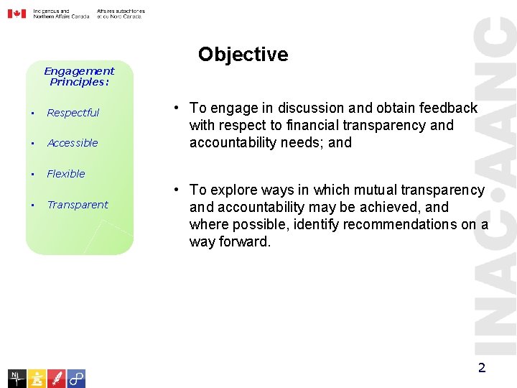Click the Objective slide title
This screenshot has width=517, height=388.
coord(243,55)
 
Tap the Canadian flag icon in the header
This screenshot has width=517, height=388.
coord(17,14)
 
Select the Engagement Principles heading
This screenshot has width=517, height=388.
coord(79,76)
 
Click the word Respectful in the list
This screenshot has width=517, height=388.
coord(73,113)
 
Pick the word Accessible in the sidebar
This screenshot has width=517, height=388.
coord(72,143)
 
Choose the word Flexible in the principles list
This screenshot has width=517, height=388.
coord(65,174)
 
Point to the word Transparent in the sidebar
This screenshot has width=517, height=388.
coord(77,205)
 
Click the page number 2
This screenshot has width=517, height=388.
coord(482,369)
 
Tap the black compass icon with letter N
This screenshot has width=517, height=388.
coord(17,378)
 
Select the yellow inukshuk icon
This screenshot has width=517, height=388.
coord(37,378)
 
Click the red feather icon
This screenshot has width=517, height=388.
coord(57,378)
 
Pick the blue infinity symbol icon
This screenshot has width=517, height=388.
coord(76,378)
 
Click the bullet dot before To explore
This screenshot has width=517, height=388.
coord(175,190)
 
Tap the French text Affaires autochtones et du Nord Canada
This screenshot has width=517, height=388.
coord(120,14)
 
